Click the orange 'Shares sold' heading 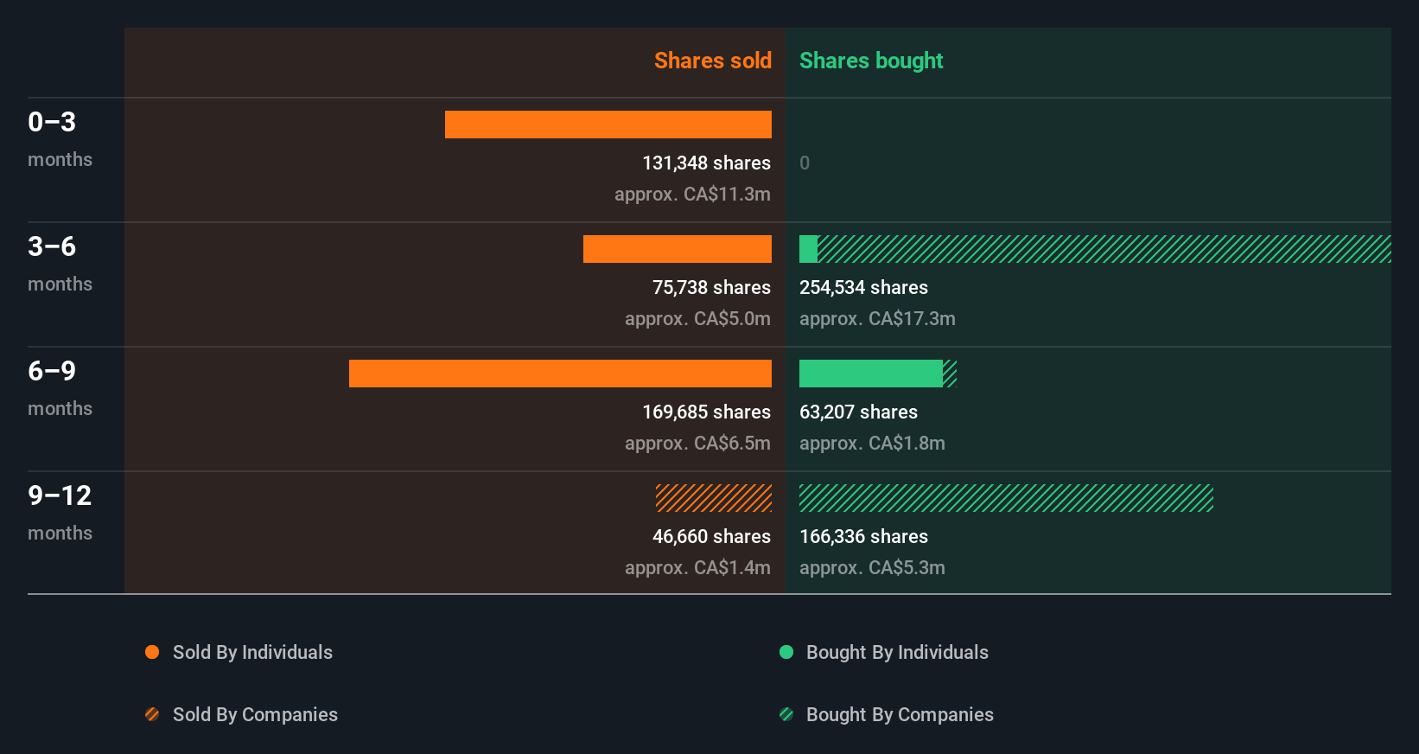(x=712, y=61)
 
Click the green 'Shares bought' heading (x=870, y=61)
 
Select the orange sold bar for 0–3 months (x=608, y=125)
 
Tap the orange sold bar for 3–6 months (x=677, y=249)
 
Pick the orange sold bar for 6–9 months (x=560, y=374)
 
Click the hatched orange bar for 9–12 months (x=713, y=498)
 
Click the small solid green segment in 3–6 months (x=808, y=249)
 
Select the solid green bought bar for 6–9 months (x=870, y=374)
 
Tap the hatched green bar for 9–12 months (x=1006, y=498)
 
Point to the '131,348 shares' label (x=706, y=163)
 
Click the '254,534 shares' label (x=863, y=287)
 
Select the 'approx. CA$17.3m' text (x=877, y=318)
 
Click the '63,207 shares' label (x=858, y=412)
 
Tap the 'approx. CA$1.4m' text (x=697, y=567)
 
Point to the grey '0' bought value (x=805, y=163)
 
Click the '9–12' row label (x=60, y=495)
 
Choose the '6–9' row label (x=52, y=371)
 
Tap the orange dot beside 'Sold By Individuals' (x=152, y=652)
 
